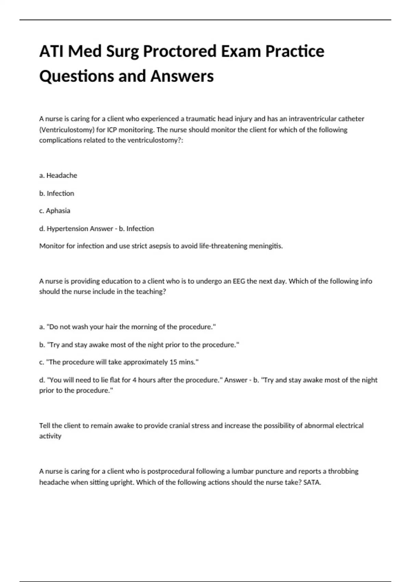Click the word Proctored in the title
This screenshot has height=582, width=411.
[179, 51]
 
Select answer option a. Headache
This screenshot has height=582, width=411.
[58, 175]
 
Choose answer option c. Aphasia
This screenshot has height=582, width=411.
[55, 211]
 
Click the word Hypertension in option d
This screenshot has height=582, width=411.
[63, 228]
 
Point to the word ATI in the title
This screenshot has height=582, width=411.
[51, 51]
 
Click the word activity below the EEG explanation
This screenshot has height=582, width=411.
[50, 436]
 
